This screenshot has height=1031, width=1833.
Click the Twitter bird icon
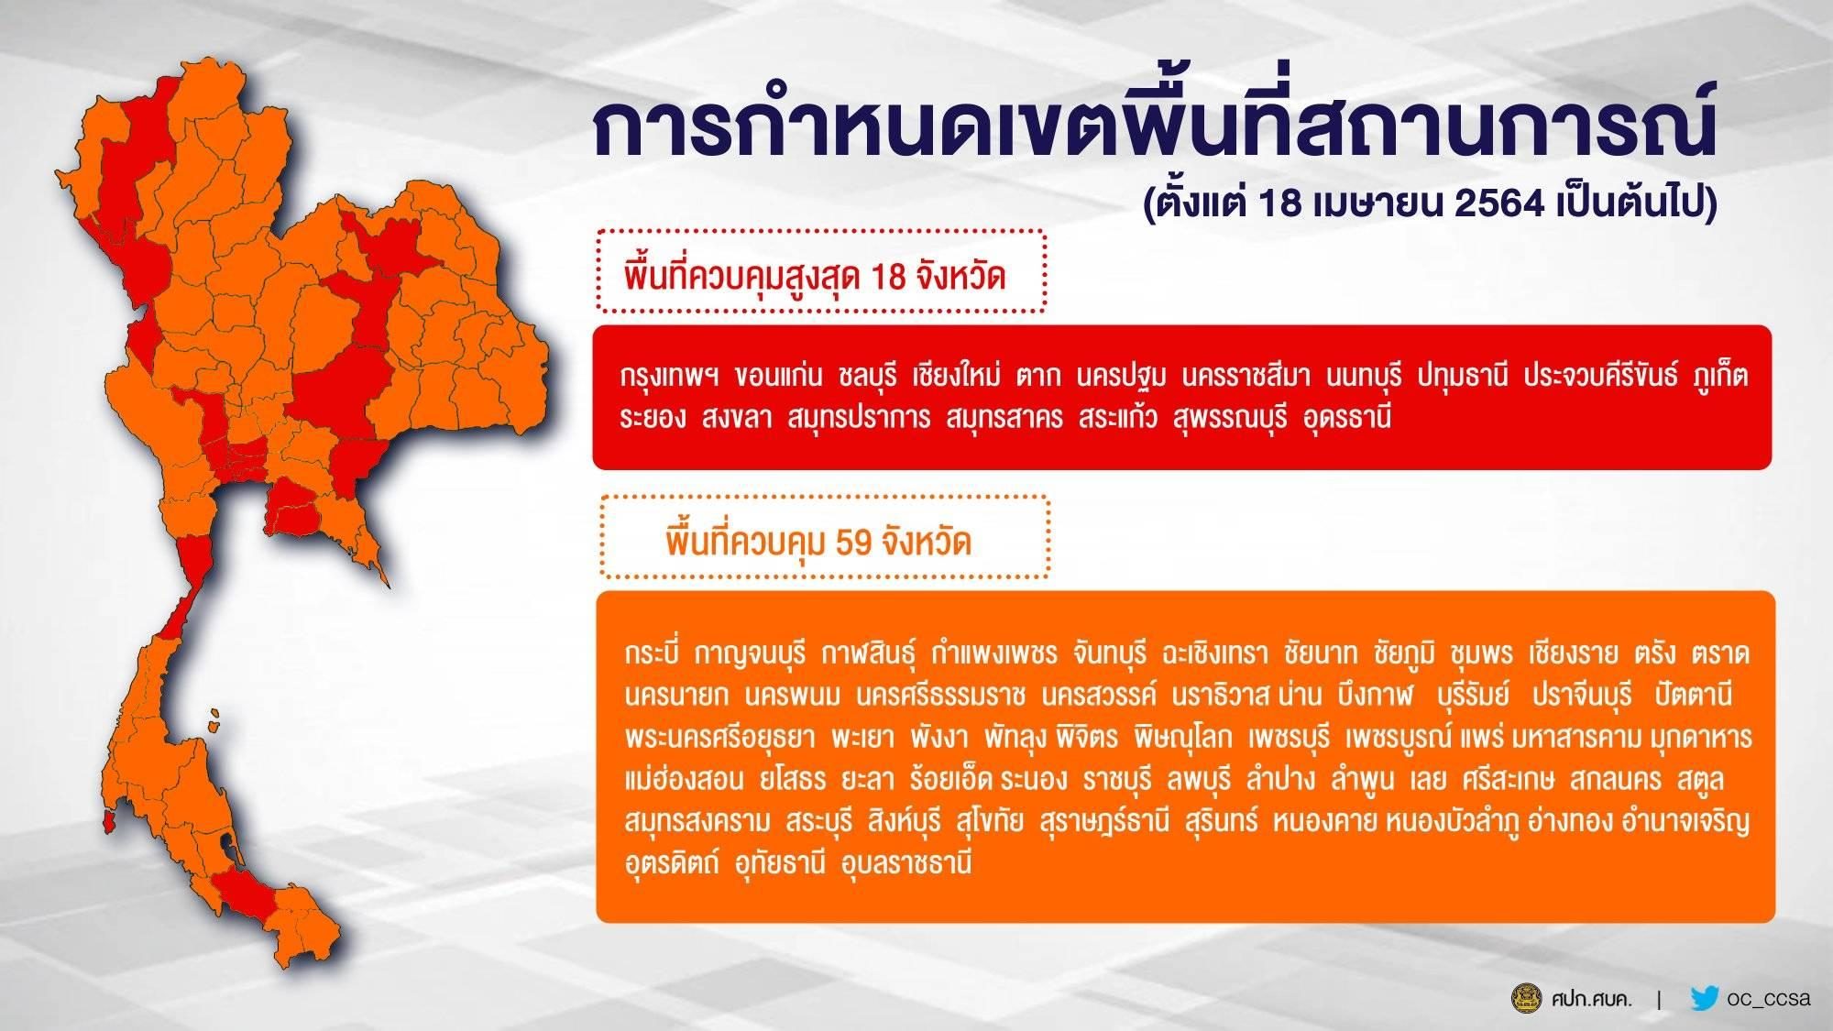point(1704,998)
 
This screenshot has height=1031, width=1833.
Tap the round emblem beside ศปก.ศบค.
point(1526,999)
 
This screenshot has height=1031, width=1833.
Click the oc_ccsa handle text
point(1769,999)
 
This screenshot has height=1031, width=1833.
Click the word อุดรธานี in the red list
point(1346,419)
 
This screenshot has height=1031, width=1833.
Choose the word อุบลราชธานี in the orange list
point(906,863)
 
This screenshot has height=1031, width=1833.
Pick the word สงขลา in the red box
point(738,419)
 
